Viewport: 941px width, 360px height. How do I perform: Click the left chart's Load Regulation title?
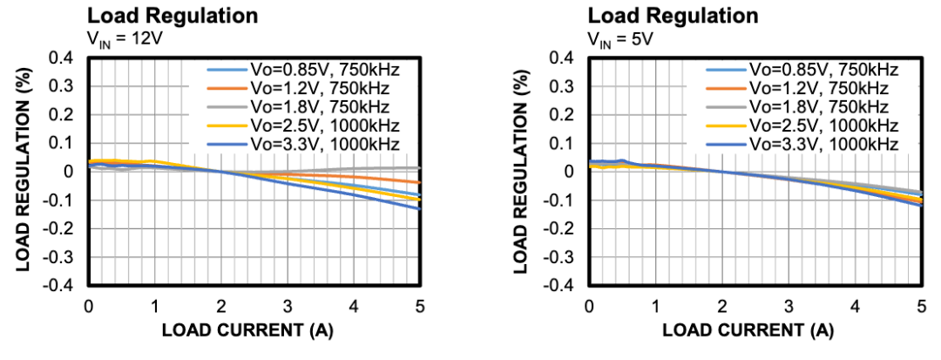point(172,16)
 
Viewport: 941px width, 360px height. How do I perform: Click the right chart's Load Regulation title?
point(673,16)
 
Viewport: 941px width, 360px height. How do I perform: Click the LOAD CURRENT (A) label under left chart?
point(247,331)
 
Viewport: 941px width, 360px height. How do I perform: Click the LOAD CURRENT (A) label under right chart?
point(748,331)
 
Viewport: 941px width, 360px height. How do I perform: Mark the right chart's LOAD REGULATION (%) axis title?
point(521,172)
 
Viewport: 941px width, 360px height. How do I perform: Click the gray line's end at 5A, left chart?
point(420,167)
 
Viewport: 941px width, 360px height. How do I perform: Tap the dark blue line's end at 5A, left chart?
point(420,209)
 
